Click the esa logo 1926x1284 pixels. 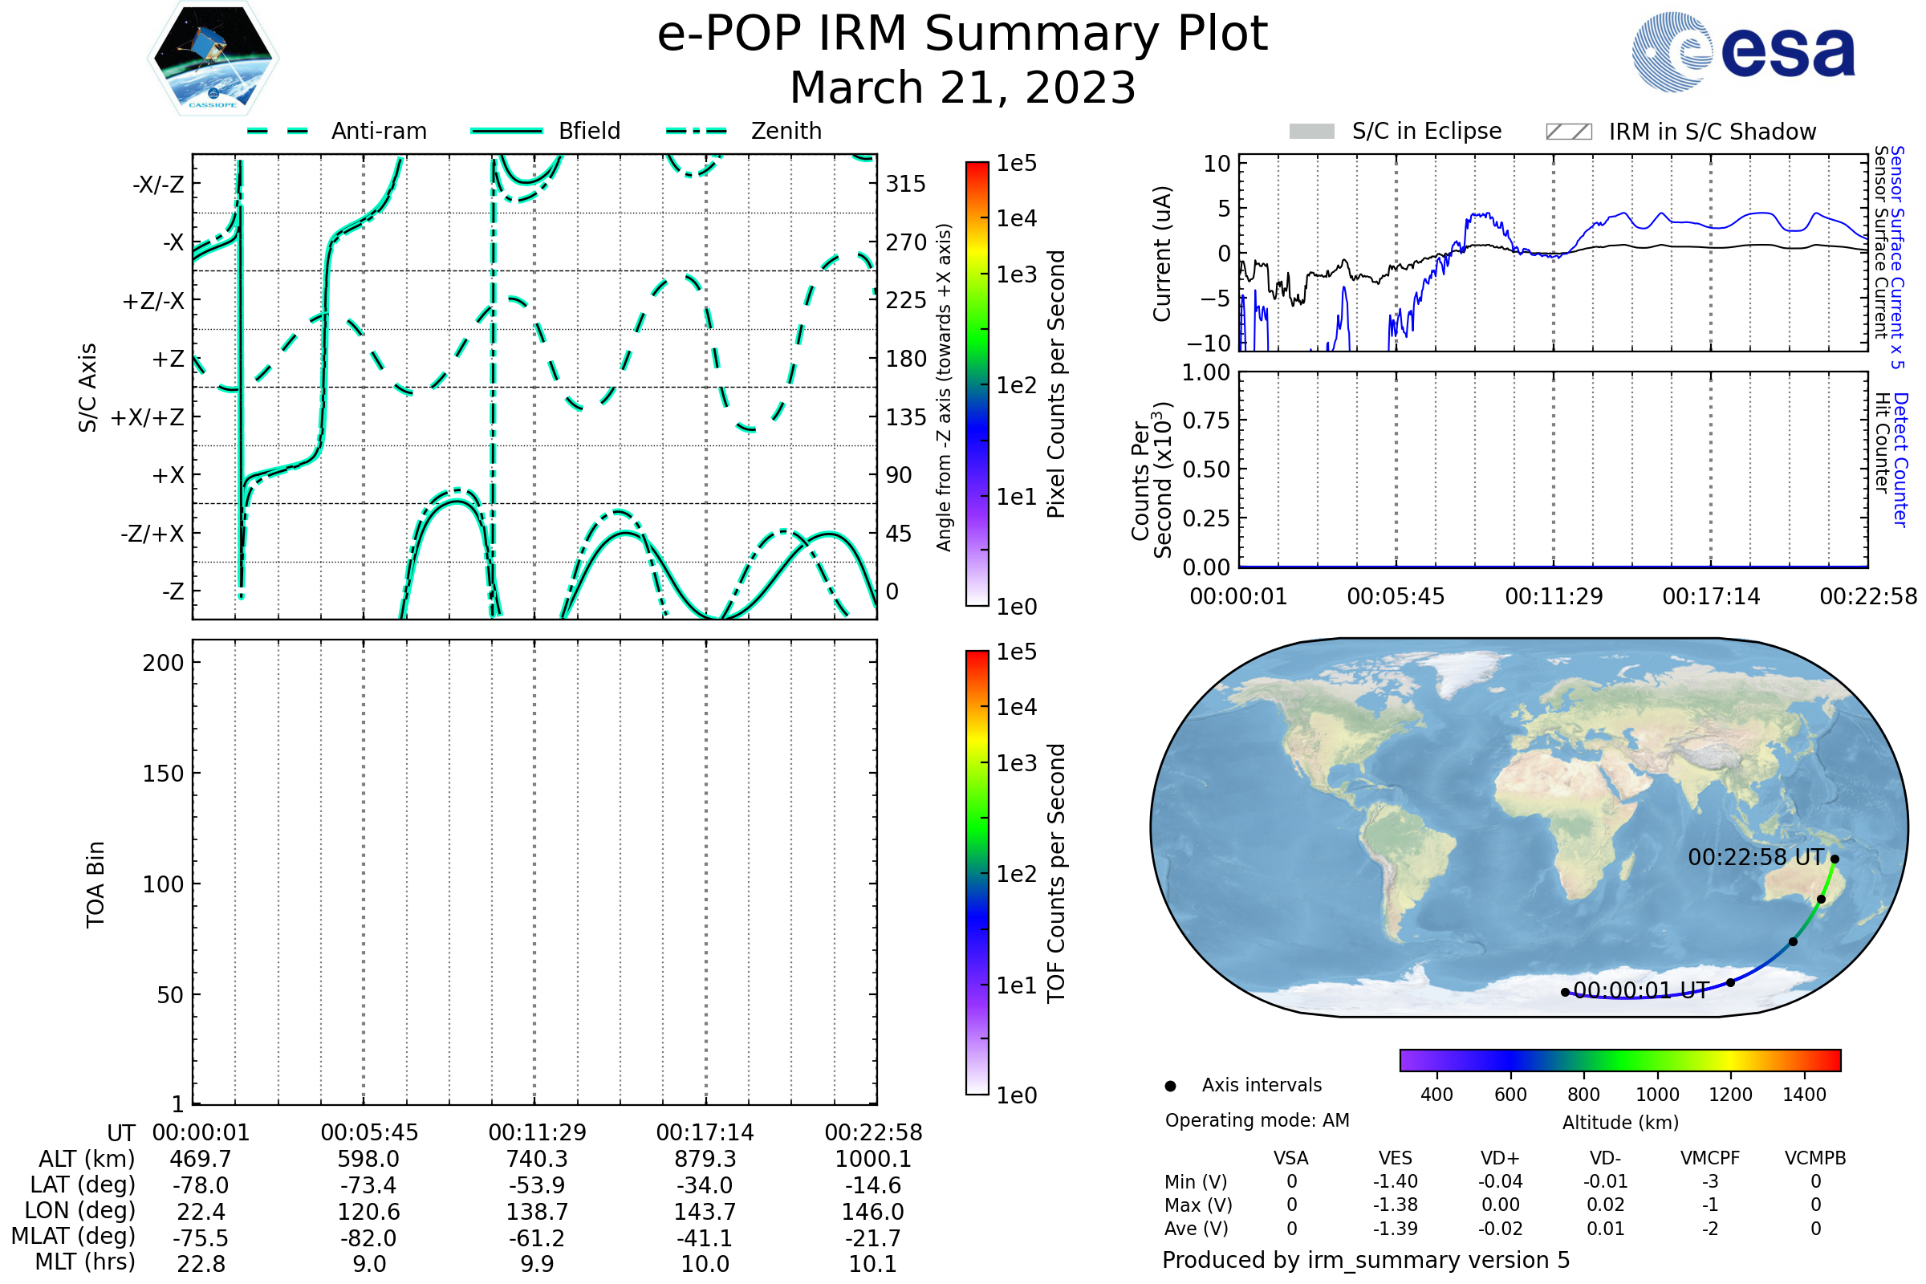click(1742, 51)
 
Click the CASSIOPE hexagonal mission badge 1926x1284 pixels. click(213, 58)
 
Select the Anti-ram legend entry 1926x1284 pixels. click(336, 131)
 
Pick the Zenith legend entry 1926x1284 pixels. click(744, 131)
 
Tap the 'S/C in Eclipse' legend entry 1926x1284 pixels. click(1396, 131)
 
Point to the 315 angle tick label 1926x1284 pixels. click(906, 184)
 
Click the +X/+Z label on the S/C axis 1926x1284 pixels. click(148, 417)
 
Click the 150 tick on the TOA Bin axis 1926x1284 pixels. click(163, 774)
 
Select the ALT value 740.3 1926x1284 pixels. click(537, 1159)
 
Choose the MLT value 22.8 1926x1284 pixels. click(201, 1263)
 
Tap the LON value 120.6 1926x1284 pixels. click(368, 1211)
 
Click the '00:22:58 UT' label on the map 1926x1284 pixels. click(1756, 857)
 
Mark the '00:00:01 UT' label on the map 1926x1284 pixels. click(1642, 990)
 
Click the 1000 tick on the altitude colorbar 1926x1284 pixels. click(1657, 1095)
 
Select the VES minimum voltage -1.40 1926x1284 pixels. click(1396, 1181)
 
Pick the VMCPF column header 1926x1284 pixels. click(1710, 1158)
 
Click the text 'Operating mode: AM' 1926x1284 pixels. click(1257, 1120)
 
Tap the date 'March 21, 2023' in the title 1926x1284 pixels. click(963, 87)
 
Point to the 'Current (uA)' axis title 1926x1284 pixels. click(1162, 254)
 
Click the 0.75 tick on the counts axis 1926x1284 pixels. click(1205, 420)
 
